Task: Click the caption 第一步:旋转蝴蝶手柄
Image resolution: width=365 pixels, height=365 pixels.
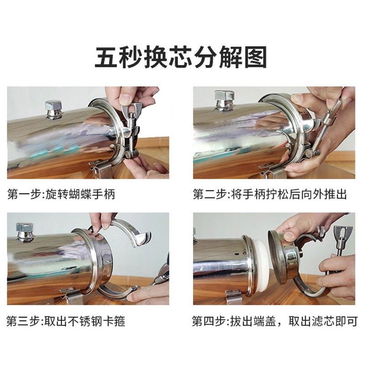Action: pyautogui.click(x=61, y=195)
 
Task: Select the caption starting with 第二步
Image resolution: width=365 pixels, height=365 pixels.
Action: pyautogui.click(x=270, y=195)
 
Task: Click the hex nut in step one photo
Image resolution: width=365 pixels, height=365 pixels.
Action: pyautogui.click(x=53, y=109)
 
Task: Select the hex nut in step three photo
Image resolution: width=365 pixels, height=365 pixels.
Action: pyautogui.click(x=25, y=232)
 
